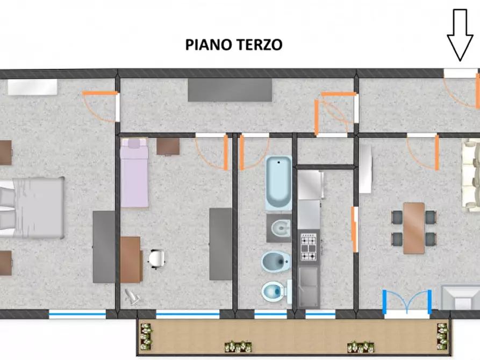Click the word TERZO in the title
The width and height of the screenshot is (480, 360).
[x=258, y=45]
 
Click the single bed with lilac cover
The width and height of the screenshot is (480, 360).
[x=134, y=173]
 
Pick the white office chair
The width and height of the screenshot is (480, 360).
[x=156, y=258]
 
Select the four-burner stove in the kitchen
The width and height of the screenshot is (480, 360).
[x=309, y=247]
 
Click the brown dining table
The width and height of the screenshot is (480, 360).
[x=414, y=228]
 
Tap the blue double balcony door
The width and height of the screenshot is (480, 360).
[x=407, y=301]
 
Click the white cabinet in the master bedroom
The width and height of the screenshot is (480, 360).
[x=32, y=87]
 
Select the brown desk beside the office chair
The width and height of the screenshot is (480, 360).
[x=131, y=260]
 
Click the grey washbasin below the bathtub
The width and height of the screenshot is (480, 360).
[x=278, y=228]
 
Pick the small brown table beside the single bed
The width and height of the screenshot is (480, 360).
[x=168, y=146]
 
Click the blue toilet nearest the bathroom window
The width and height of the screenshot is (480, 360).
[x=275, y=292]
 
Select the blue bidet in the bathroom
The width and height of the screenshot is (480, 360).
[x=275, y=262]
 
